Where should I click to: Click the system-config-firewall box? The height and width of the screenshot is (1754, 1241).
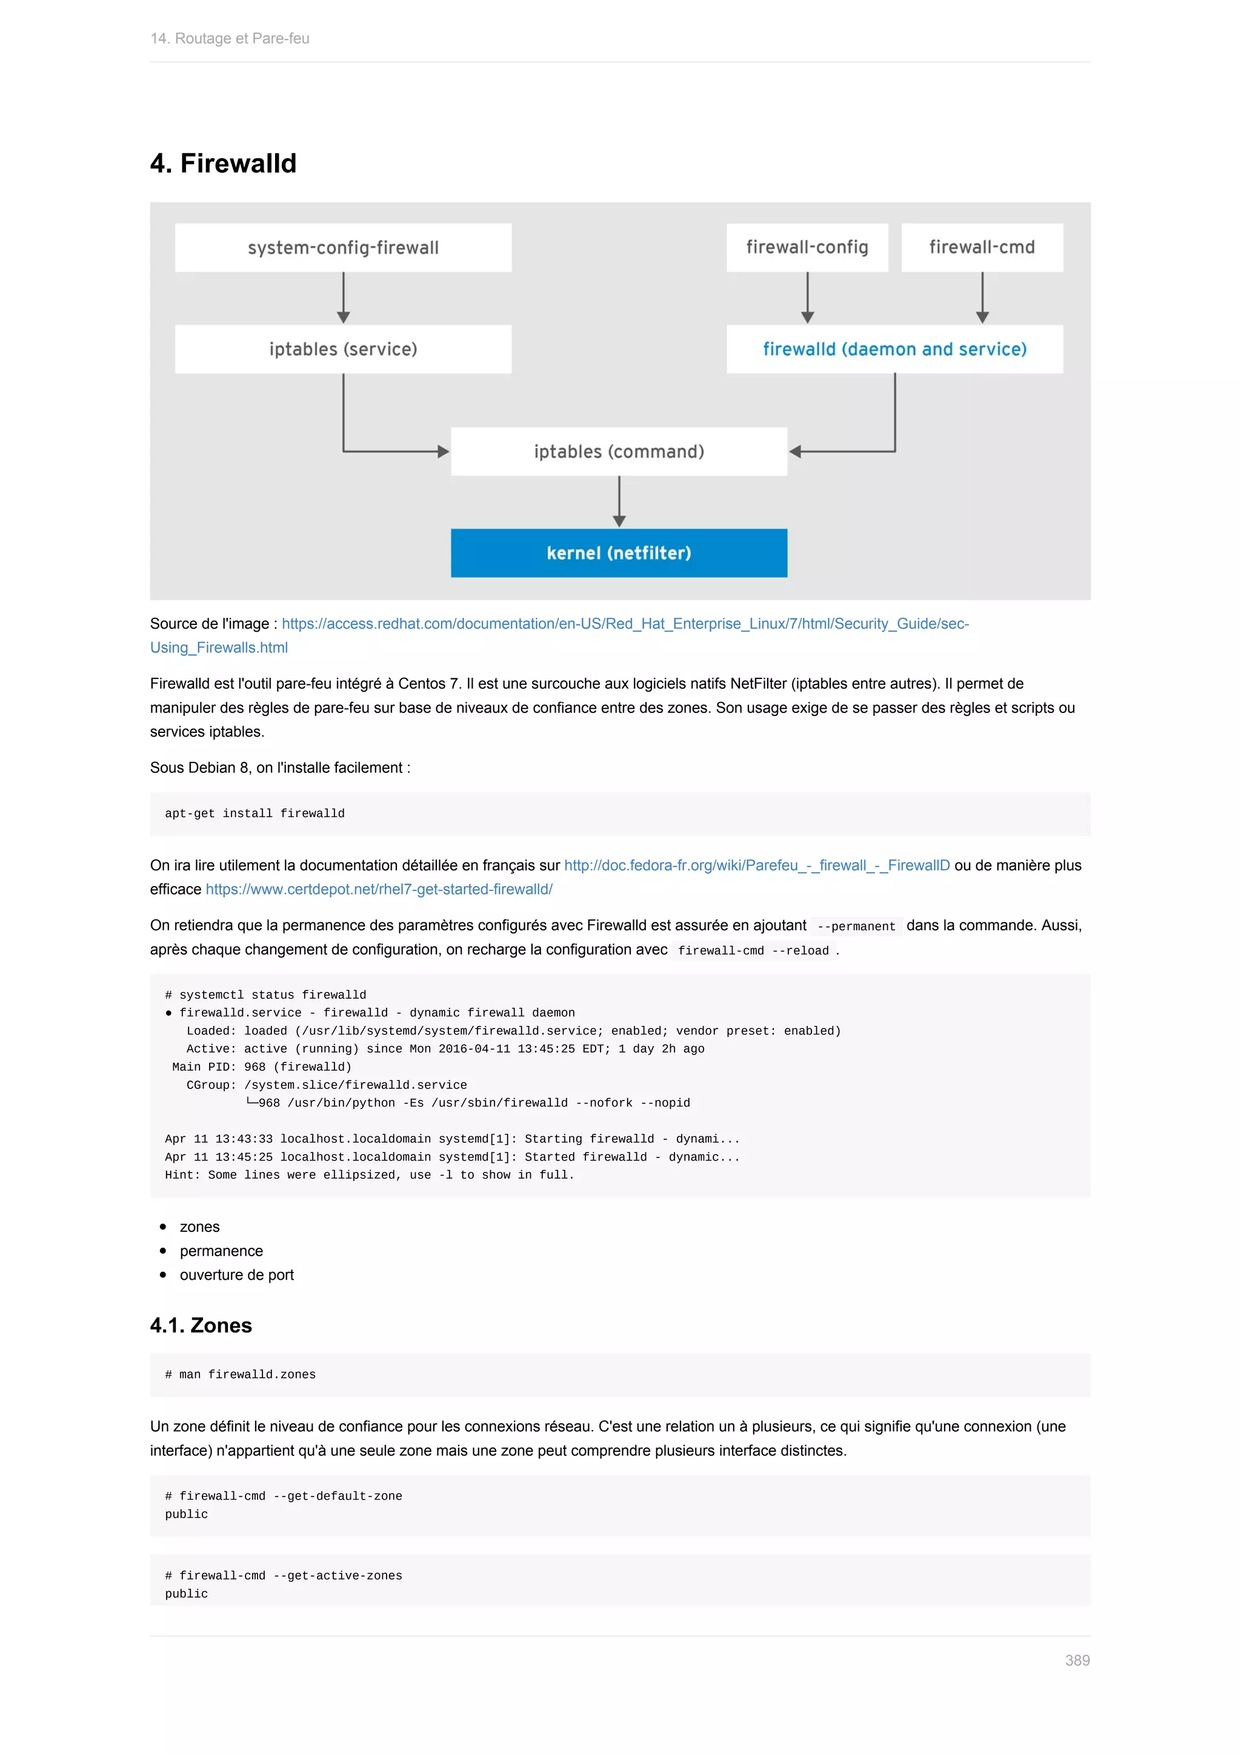(343, 248)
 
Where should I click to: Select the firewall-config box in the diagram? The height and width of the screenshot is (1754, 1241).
(807, 248)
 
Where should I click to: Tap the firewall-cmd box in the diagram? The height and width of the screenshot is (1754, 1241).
(982, 248)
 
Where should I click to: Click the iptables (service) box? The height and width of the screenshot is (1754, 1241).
(343, 349)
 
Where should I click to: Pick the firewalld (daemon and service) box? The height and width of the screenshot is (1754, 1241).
(894, 349)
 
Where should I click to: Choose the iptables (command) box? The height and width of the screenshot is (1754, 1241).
(619, 451)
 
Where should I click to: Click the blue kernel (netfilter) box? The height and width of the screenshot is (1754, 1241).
(619, 553)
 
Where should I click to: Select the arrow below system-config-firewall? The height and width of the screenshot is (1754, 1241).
(343, 298)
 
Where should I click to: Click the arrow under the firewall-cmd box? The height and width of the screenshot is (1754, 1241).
(982, 298)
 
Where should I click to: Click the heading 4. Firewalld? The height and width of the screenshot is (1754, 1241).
(223, 164)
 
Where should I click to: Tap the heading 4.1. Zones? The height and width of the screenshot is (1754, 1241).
(201, 1325)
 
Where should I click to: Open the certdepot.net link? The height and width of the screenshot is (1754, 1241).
(379, 889)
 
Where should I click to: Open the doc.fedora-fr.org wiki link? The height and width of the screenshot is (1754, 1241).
(756, 865)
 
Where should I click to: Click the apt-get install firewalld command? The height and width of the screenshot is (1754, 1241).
(255, 813)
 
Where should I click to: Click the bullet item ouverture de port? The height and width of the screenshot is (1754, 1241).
(236, 1275)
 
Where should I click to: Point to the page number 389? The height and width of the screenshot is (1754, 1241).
(1077, 1660)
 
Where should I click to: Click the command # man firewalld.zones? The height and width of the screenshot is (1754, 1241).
(240, 1374)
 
